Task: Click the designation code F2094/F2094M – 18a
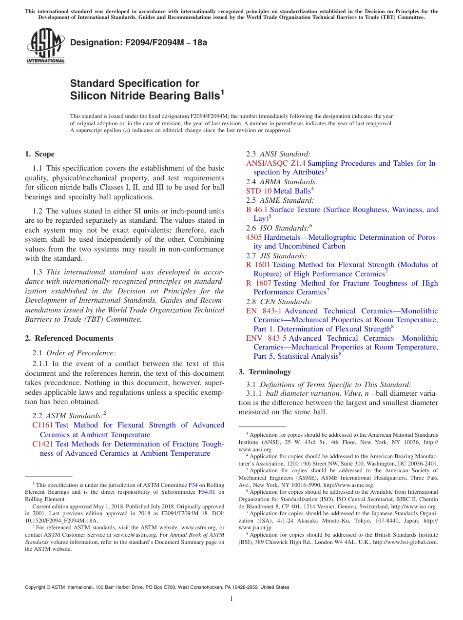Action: tap(138, 42)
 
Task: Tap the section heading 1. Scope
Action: tap(39, 154)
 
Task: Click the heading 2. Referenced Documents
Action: tap(69, 338)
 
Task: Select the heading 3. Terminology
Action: tap(265, 371)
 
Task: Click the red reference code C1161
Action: tap(42, 426)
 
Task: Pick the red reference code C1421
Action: tap(42, 444)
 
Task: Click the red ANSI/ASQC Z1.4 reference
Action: tap(276, 163)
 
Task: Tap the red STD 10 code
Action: tap(259, 191)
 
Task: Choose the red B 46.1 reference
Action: tap(257, 210)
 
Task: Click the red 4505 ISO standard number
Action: tap(254, 237)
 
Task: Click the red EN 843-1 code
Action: tap(264, 311)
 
